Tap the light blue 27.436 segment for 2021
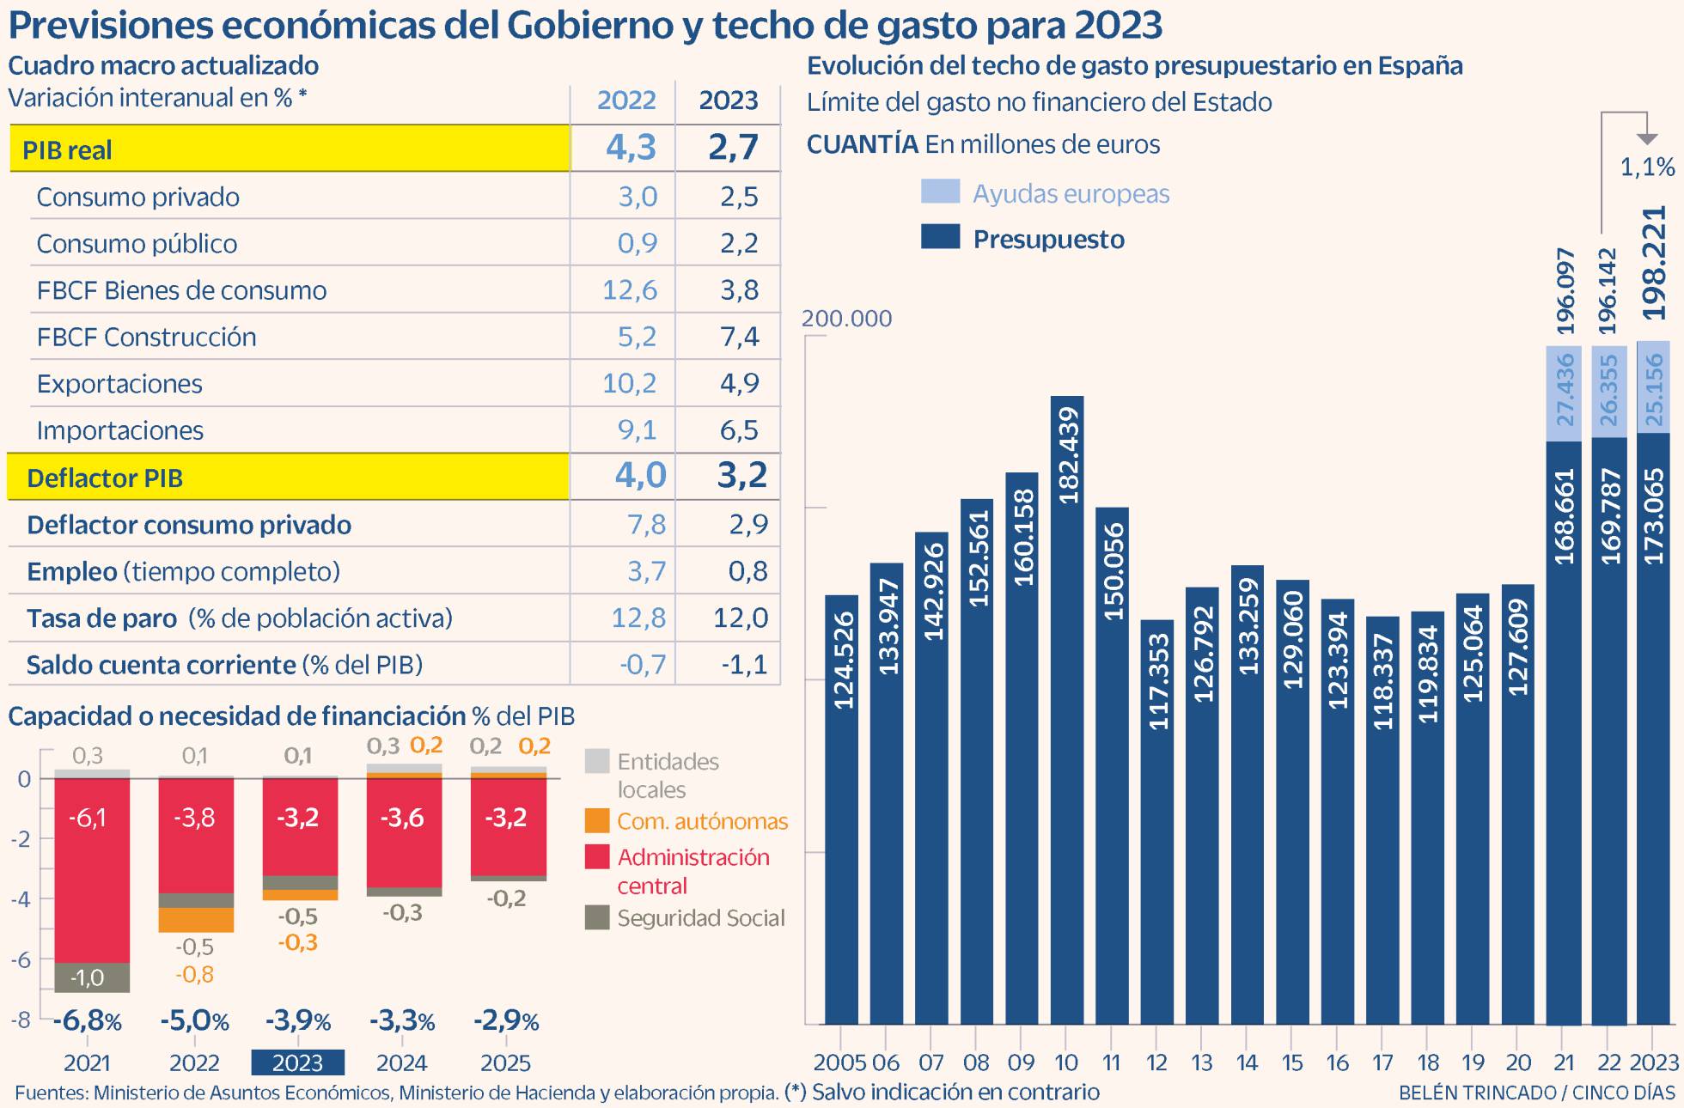point(1564,393)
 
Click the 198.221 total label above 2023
point(1654,263)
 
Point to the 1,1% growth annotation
point(1647,167)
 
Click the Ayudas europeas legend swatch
point(940,192)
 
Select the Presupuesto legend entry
point(1047,239)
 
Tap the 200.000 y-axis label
point(846,319)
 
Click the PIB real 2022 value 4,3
point(631,148)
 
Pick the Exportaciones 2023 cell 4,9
point(739,383)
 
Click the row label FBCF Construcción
point(146,337)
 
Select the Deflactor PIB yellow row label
point(105,478)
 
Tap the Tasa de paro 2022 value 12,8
point(638,618)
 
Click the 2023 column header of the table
point(728,100)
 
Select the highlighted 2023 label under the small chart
point(297,1062)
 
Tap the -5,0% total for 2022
point(195,1021)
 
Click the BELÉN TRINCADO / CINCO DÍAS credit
point(1536,1093)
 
